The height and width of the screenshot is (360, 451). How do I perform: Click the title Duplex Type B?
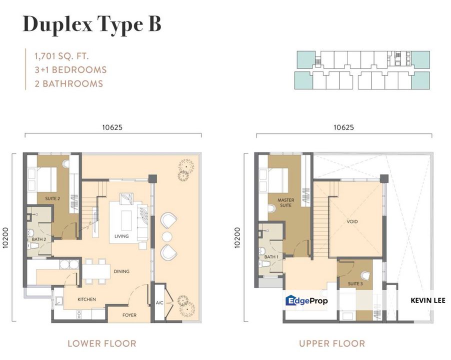point(91,24)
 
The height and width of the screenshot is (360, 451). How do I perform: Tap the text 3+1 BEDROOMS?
point(70,70)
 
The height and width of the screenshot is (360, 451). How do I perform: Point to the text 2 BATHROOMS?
point(68,83)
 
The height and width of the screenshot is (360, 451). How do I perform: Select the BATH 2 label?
point(39,239)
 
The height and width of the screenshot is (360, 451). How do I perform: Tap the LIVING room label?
point(121,236)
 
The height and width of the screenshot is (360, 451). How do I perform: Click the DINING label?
point(121,271)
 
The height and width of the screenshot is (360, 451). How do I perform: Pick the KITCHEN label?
point(86,299)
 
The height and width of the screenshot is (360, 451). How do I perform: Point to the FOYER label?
point(129,315)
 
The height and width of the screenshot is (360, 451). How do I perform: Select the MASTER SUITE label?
point(285,203)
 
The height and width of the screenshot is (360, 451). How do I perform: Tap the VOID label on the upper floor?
point(352,221)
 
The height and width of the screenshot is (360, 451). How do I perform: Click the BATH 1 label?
point(271,257)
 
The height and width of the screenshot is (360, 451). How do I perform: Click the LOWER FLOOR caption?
point(102,343)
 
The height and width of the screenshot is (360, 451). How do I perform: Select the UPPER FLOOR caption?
point(332,343)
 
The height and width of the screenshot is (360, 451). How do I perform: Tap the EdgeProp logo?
point(306,301)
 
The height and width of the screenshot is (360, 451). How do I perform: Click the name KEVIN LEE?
point(427,300)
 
